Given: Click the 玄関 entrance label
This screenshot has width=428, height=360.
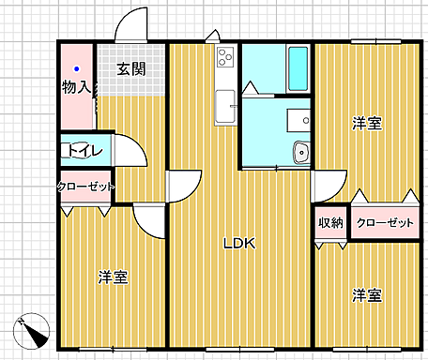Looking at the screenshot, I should tap(131, 68).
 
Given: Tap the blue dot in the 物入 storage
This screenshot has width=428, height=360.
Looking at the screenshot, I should tap(78, 69).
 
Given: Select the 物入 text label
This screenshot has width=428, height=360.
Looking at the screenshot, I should tap(77, 88).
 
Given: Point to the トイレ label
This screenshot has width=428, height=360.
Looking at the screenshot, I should tap(80, 150).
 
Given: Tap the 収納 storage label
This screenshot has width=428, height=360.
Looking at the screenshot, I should tap(329, 222).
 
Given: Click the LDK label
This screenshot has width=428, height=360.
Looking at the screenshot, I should tap(238, 243).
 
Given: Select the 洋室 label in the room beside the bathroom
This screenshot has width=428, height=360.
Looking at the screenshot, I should tap(366, 123).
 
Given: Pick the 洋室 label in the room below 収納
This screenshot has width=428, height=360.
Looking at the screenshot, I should tap(366, 295).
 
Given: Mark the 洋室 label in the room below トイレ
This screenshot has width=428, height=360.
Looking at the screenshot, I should tap(113, 277).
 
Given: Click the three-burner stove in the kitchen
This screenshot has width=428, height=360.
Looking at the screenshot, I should tap(225, 57).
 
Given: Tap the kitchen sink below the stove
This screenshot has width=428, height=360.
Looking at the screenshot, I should tap(225, 106).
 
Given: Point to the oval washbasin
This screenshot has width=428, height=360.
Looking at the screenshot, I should tap(301, 152).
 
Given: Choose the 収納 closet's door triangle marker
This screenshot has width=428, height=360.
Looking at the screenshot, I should tap(329, 241).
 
